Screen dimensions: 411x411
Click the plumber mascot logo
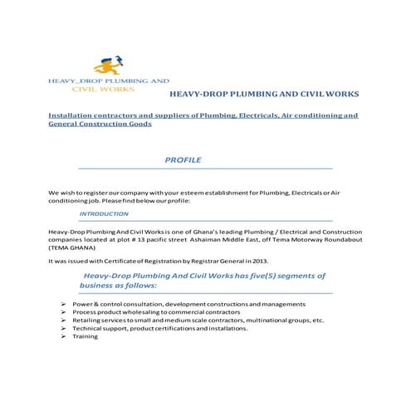tap(108, 65)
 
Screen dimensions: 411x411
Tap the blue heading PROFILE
tap(183, 159)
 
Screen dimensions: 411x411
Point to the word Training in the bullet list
tap(85, 336)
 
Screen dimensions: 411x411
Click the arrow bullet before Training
tap(64, 336)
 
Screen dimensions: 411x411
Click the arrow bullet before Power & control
tap(64, 304)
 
